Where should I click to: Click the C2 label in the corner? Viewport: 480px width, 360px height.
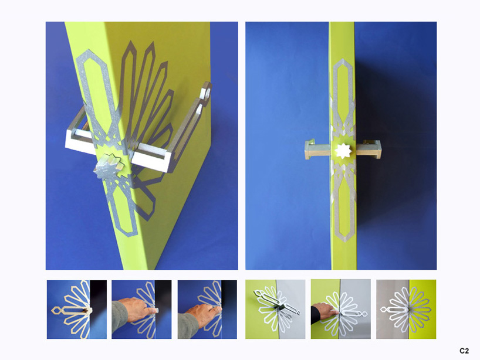coord(464,351)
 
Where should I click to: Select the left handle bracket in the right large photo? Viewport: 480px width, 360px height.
coord(317,150)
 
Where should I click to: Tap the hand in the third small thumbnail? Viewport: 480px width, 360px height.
coord(202,314)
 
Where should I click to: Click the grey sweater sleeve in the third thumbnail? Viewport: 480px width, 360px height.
coord(188,325)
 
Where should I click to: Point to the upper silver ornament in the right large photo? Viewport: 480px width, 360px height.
coord(343,98)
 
